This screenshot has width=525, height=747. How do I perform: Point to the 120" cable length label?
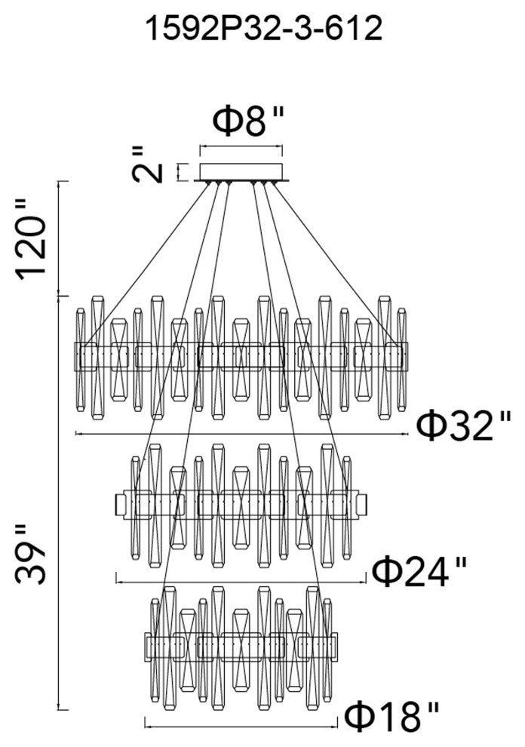(35, 238)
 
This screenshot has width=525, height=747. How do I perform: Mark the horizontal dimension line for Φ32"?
(241, 435)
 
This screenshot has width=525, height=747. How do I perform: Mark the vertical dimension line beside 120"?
(60, 238)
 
